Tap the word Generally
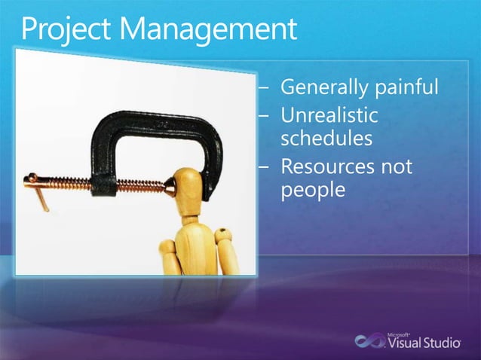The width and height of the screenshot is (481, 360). [x=323, y=88]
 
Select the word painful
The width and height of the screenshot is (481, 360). [x=405, y=88]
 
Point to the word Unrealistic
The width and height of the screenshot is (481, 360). [x=329, y=116]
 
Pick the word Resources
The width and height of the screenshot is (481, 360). [x=331, y=166]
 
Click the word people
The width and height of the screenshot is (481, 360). [x=312, y=190]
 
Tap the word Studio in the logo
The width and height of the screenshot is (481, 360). [x=440, y=343]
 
